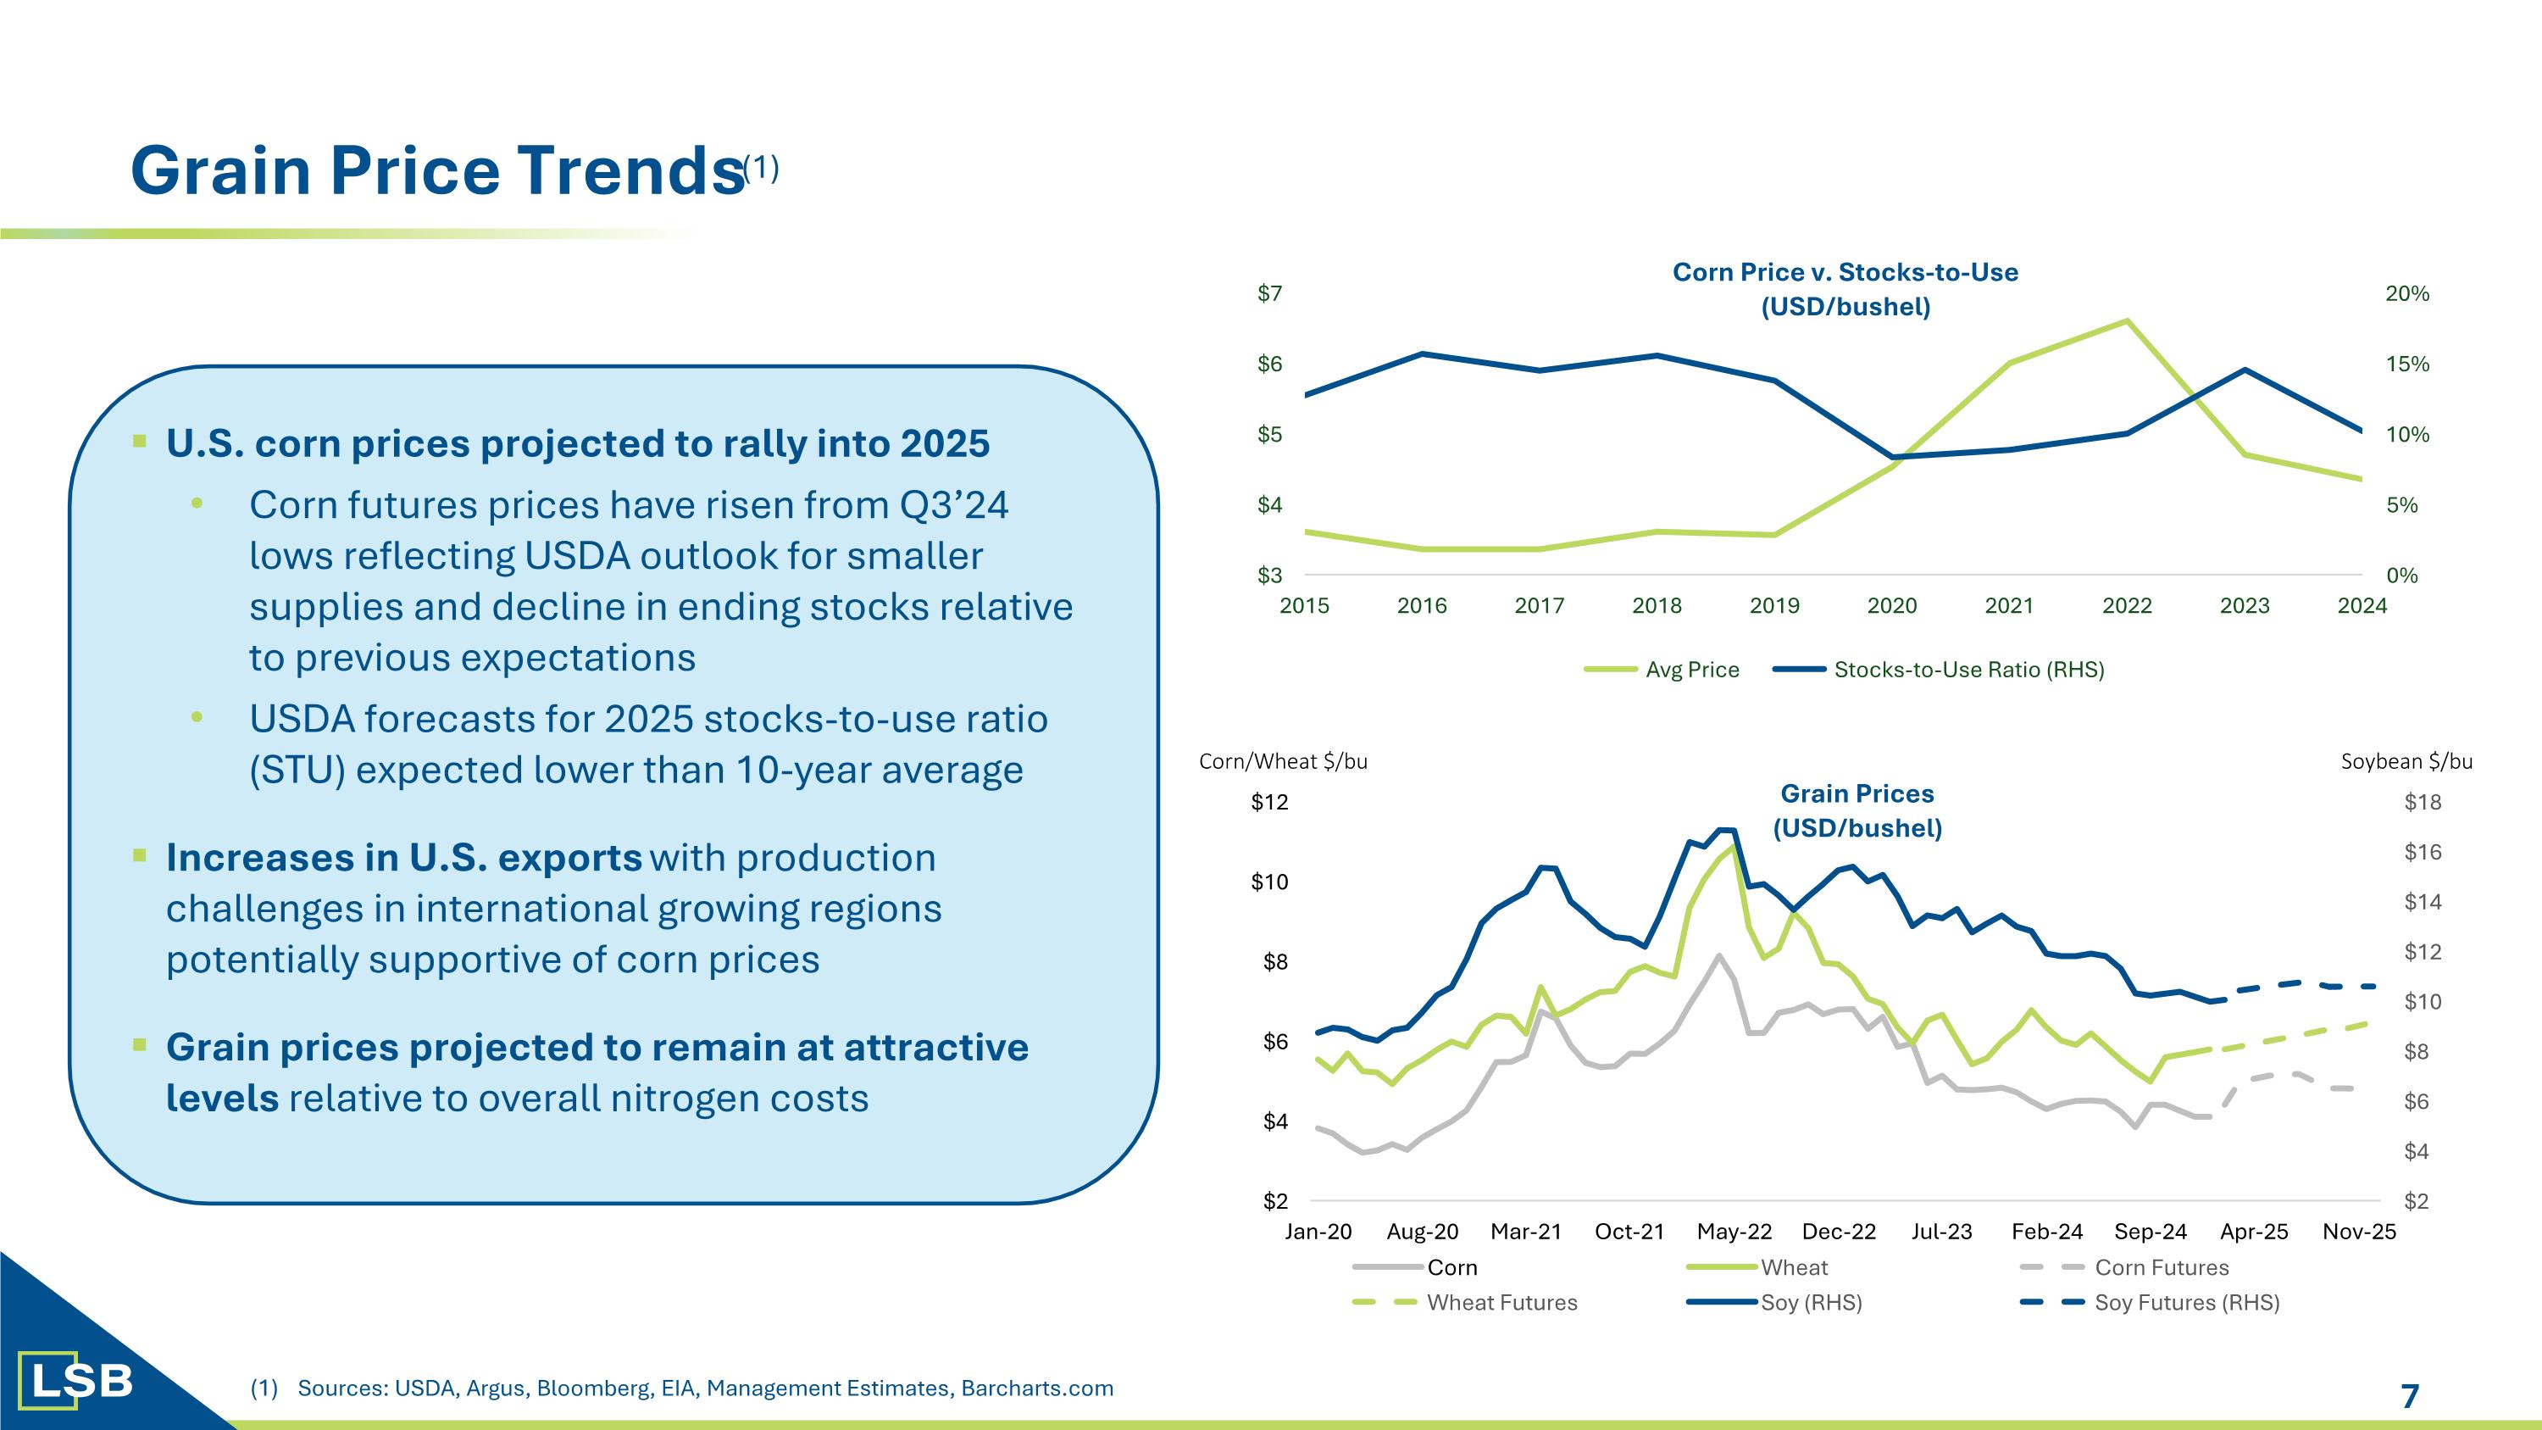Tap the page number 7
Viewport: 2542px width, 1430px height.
click(x=2410, y=1396)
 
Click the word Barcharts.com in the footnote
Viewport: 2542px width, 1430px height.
click(x=1037, y=1388)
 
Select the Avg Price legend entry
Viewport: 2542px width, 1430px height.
click(x=1691, y=670)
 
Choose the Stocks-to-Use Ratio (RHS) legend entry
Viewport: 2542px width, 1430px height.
click(x=1968, y=670)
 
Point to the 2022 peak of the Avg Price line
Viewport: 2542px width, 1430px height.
click(x=2127, y=320)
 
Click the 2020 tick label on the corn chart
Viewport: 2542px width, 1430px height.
click(x=1892, y=606)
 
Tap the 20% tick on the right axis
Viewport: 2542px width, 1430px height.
click(x=2406, y=293)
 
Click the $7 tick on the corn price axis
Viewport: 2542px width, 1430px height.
click(x=1269, y=293)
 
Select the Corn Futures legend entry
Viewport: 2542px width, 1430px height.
click(x=2161, y=1267)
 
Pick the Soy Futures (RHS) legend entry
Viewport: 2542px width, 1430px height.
click(x=2187, y=1303)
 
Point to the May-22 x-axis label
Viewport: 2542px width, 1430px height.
click(x=1734, y=1232)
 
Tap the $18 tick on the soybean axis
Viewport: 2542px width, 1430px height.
click(x=2422, y=803)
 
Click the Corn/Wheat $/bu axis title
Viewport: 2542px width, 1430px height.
click(x=1283, y=761)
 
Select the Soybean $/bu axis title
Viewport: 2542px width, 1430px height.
click(x=2406, y=761)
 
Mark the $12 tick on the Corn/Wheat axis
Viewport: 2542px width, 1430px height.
click(x=1269, y=803)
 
